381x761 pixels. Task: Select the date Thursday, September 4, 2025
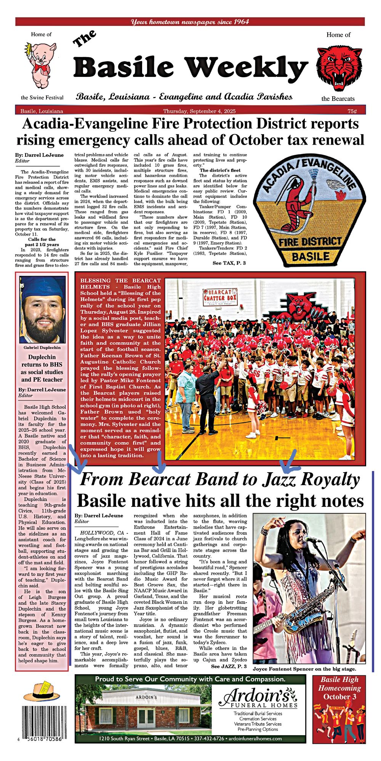[199, 111]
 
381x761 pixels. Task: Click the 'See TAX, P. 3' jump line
[229, 263]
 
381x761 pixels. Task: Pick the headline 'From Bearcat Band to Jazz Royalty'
[219, 479]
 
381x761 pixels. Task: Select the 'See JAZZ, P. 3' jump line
[229, 666]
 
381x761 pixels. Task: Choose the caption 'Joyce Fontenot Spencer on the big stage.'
[304, 669]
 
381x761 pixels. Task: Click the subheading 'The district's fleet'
[220, 170]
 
